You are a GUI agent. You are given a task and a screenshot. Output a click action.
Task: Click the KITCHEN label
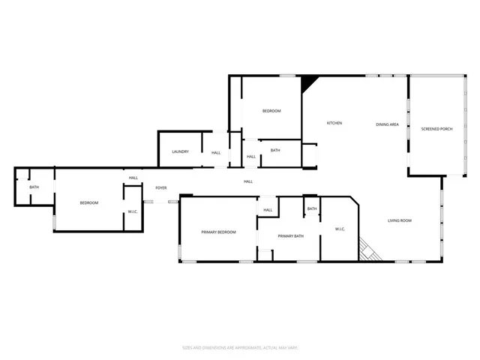(334, 123)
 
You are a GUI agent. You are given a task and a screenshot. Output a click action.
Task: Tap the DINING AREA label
(387, 124)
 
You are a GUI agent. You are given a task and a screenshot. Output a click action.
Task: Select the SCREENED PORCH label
(436, 127)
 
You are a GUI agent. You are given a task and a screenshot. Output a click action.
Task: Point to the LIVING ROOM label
(400, 220)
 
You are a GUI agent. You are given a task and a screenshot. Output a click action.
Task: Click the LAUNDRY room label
(180, 152)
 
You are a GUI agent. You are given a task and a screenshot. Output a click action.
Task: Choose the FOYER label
(160, 187)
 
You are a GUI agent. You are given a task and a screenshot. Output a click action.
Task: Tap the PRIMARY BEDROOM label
(218, 232)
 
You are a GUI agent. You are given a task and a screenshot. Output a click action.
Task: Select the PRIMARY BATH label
(290, 236)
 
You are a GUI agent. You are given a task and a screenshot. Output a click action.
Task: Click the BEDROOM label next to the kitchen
(271, 111)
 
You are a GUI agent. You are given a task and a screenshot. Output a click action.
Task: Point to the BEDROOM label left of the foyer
(89, 202)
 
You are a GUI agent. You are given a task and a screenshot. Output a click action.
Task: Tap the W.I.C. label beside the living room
(339, 229)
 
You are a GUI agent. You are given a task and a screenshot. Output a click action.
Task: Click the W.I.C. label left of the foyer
(133, 211)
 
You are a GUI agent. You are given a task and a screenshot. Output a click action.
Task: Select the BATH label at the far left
(34, 187)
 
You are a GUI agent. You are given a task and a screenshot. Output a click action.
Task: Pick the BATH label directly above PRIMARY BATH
(312, 208)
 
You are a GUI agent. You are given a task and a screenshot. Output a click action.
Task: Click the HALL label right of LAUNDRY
(216, 152)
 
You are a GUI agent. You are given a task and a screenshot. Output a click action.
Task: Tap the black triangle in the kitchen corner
(307, 82)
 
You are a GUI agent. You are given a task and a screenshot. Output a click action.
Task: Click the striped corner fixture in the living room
(367, 250)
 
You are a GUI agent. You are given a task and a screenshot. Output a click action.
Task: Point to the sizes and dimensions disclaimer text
(240, 347)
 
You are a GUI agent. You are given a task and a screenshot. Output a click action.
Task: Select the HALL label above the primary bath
(268, 210)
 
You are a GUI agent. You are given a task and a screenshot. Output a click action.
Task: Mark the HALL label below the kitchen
(248, 181)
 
